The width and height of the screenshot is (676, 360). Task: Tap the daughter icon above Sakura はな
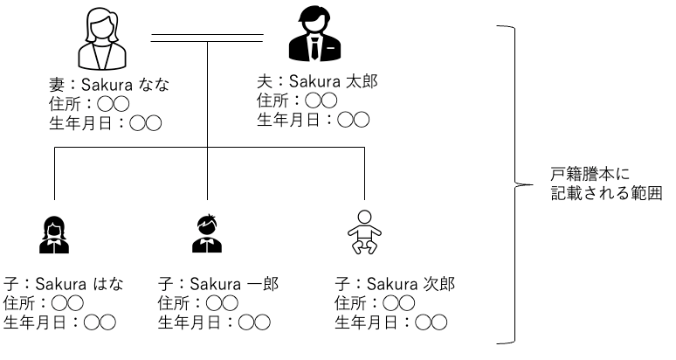point(54,233)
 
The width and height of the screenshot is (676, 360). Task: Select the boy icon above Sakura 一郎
point(207,233)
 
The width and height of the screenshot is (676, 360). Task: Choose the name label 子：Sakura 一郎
point(218,284)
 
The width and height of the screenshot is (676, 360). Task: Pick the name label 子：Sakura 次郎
point(396,284)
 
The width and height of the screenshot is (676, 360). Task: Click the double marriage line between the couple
point(207,38)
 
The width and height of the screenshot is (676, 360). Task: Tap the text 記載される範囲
point(605,194)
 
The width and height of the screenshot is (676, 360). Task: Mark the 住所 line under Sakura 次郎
point(366,303)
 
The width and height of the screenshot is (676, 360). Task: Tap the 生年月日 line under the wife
point(105,123)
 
